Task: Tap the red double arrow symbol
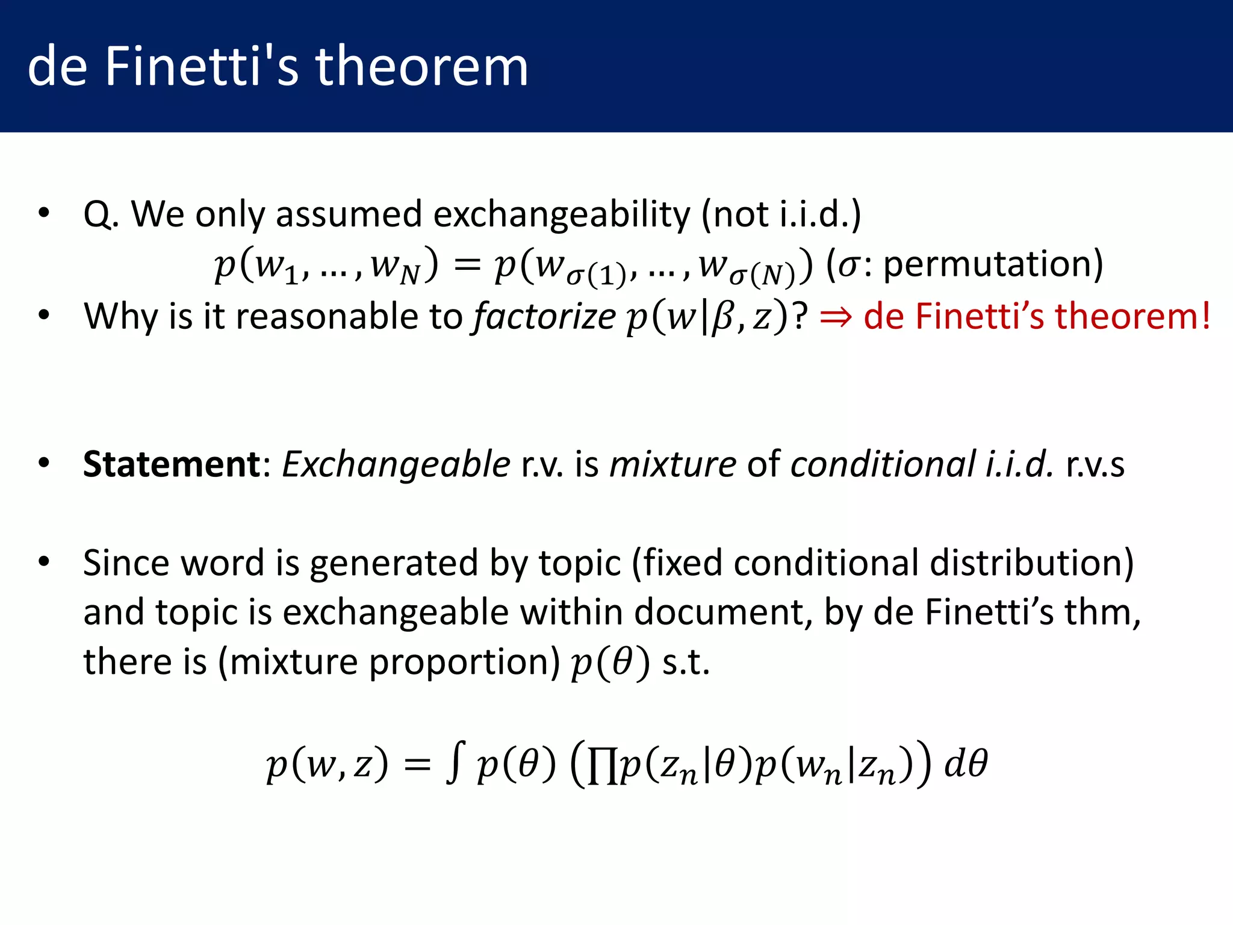pos(836,317)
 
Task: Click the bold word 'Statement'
pos(172,464)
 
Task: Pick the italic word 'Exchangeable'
pos(396,464)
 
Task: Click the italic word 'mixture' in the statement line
pos(672,464)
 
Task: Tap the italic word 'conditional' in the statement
pos(883,464)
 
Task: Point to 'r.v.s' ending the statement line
pos(1095,464)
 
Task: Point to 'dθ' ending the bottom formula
pos(966,764)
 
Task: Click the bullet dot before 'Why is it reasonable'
pos(43,315)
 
